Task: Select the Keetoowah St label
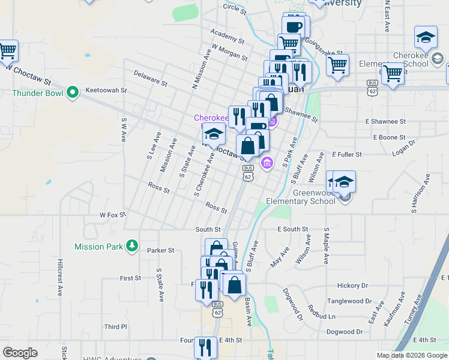click(107, 91)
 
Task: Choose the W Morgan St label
click(229, 52)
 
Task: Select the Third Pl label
click(115, 327)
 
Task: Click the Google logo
click(20, 353)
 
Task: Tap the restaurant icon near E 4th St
click(206, 347)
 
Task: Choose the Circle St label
click(235, 7)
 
